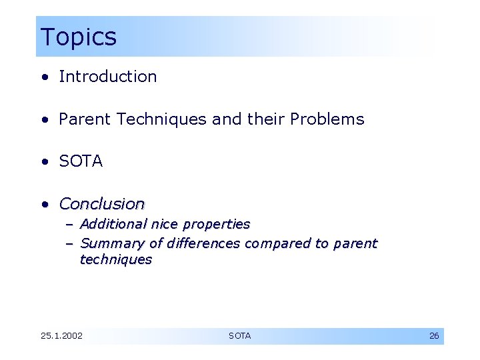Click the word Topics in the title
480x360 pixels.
78,37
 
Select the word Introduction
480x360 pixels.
108,77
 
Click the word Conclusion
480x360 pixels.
102,203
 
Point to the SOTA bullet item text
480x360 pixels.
81,161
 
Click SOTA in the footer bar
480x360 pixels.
240,336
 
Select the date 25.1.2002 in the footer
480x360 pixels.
61,336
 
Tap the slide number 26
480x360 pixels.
433,336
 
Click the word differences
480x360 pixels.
203,244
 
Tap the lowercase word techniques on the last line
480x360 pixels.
116,260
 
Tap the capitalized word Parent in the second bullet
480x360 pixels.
85,119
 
